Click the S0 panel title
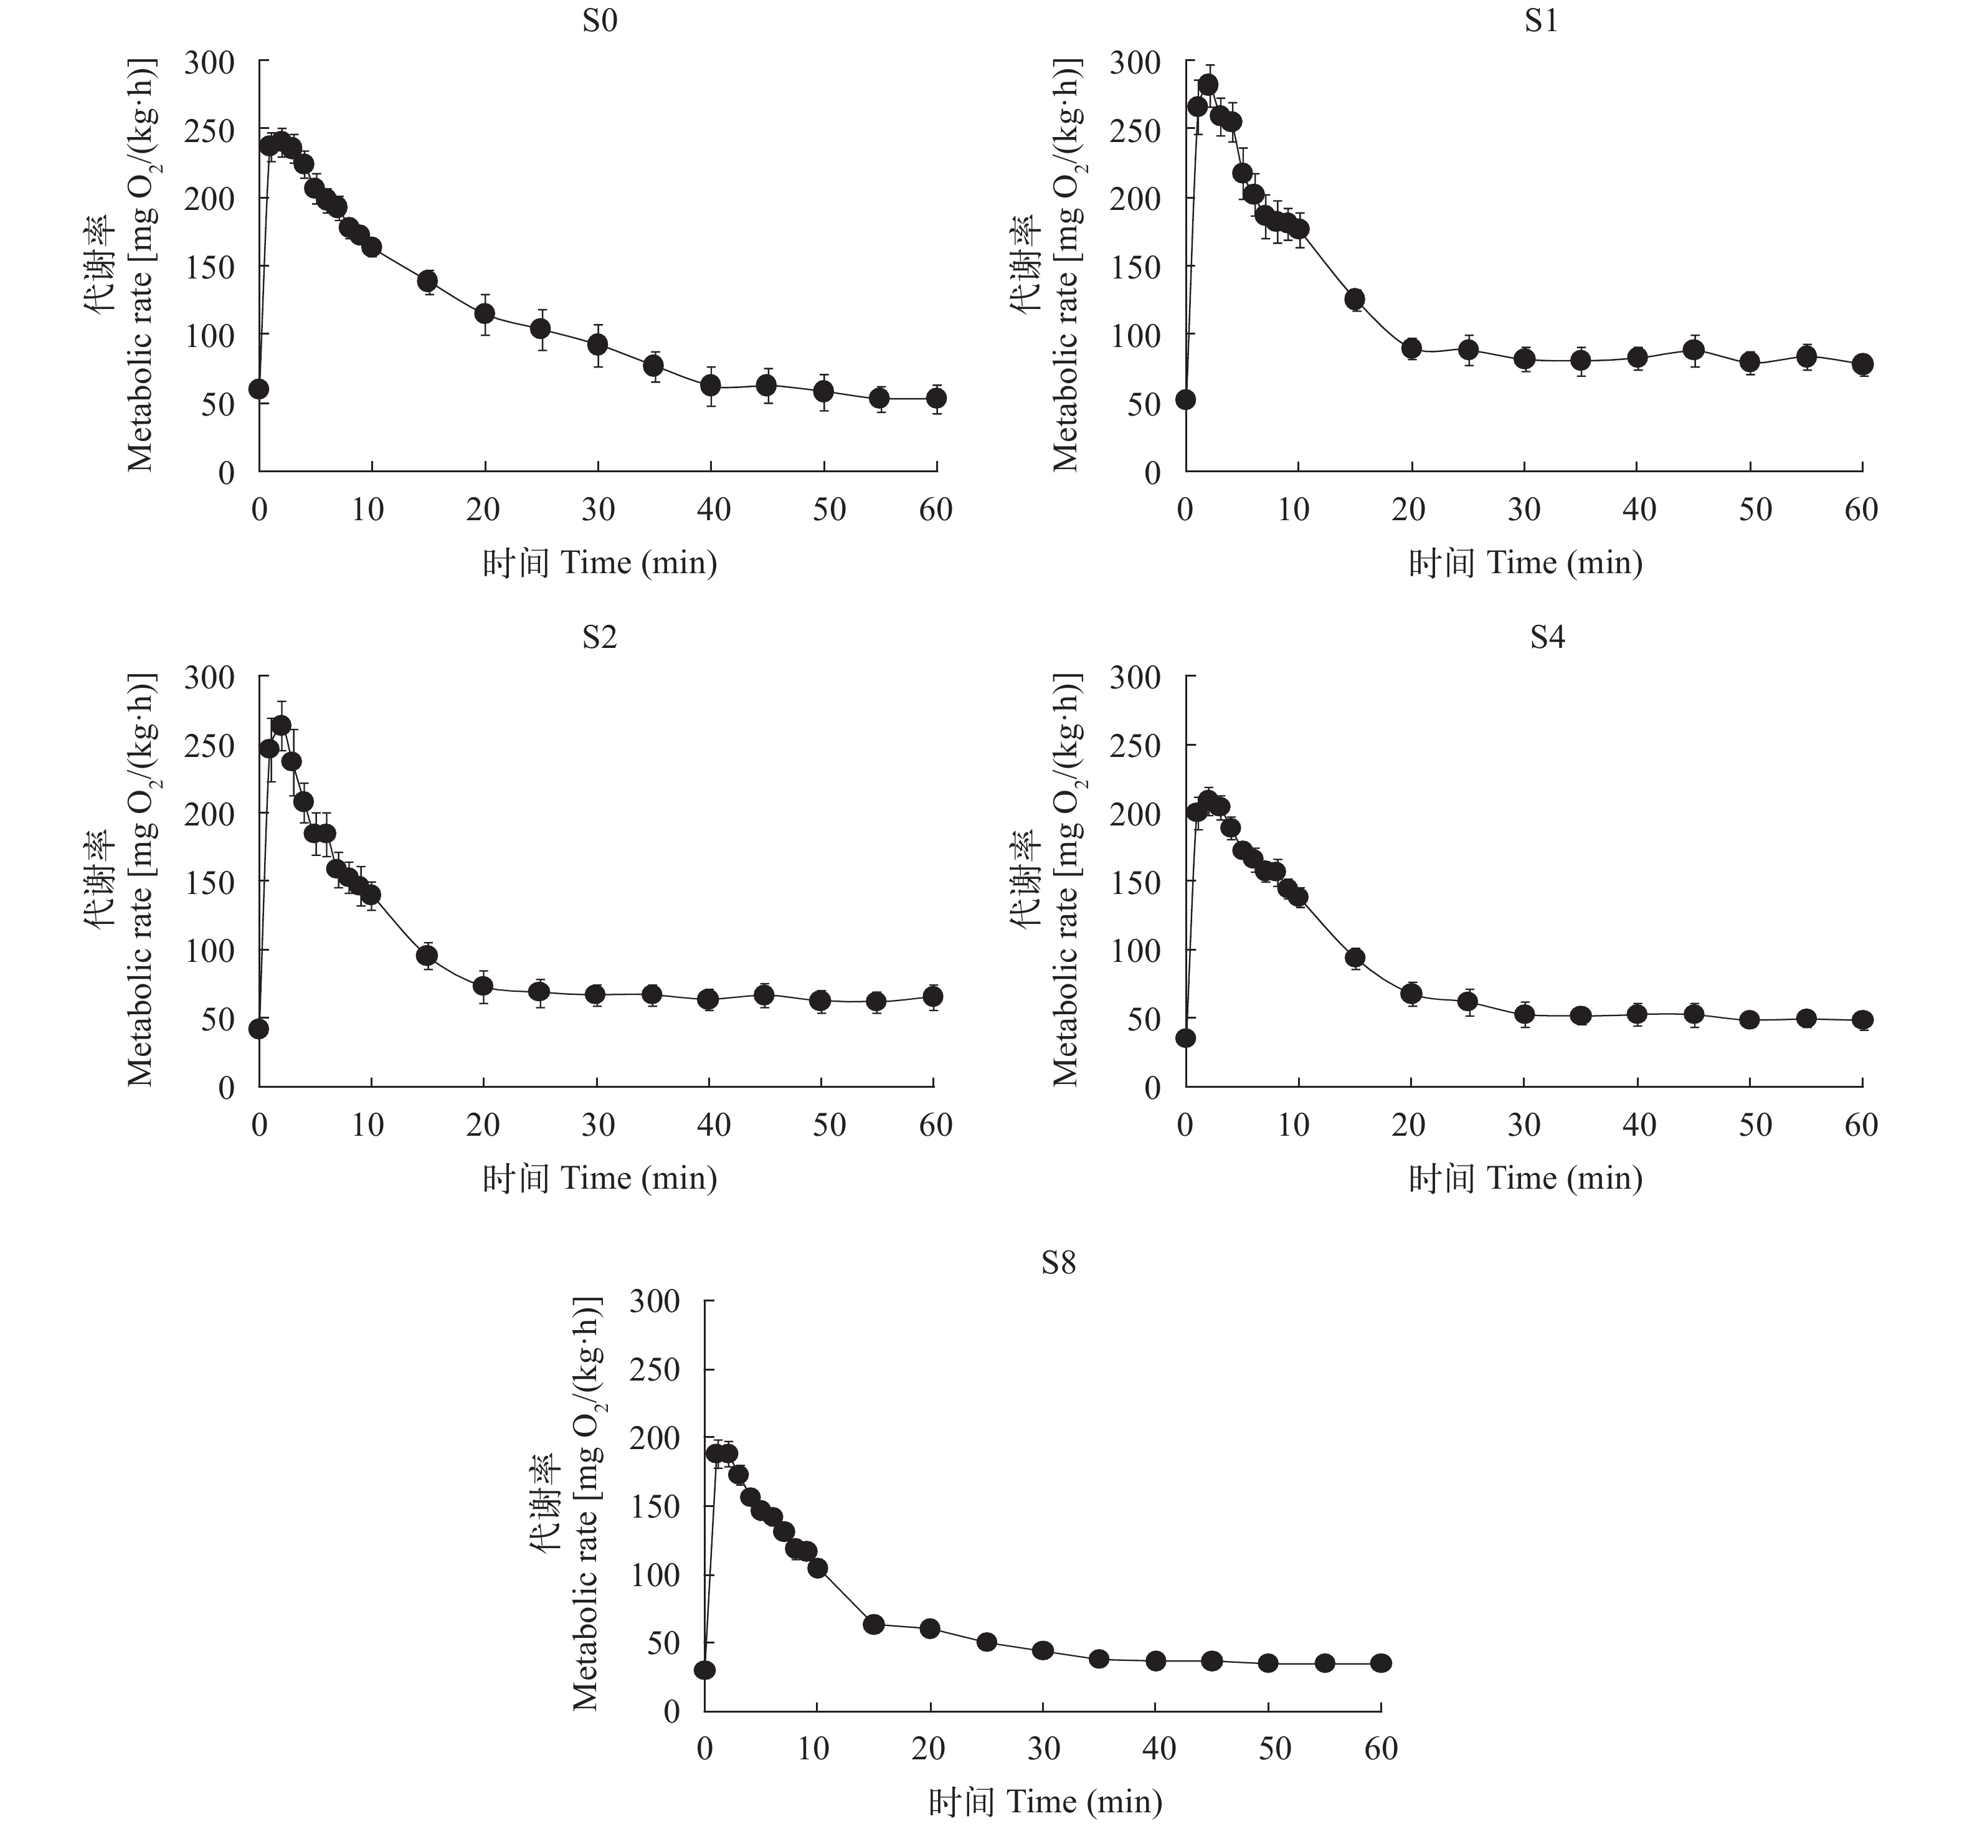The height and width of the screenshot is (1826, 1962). click(599, 21)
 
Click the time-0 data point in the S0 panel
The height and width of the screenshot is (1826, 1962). click(258, 389)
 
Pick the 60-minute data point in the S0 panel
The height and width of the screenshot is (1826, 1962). click(936, 397)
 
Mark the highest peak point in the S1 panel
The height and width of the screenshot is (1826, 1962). click(1208, 84)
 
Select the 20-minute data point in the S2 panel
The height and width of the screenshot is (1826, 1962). click(483, 985)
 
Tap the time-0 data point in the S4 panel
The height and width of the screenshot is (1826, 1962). click(1185, 1037)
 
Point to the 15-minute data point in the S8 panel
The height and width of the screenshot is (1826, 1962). click(873, 1624)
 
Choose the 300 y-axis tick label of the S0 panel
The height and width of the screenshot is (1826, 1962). click(211, 63)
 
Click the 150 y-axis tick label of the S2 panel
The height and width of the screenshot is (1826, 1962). click(211, 882)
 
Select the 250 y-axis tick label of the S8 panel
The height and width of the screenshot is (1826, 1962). click(655, 1370)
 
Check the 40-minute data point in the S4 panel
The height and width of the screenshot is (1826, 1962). click(1637, 1014)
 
